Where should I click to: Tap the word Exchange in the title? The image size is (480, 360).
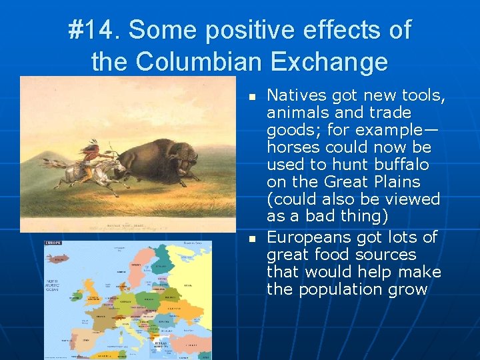pos(328,61)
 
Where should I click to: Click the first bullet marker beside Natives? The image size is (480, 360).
pos(252,97)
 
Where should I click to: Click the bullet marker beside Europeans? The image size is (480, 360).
pos(252,239)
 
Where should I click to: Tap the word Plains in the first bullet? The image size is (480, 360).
pos(397,182)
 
